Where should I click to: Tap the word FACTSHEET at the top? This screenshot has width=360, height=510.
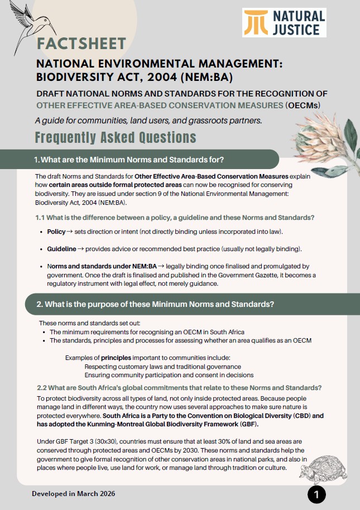(x=81, y=43)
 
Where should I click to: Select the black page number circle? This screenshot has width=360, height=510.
(x=316, y=494)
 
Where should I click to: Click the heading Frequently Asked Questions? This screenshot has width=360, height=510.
(x=115, y=137)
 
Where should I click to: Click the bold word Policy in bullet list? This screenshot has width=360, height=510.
(x=56, y=231)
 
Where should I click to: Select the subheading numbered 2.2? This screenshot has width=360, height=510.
(x=179, y=388)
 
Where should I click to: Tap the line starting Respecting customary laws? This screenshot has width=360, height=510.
(x=163, y=367)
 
